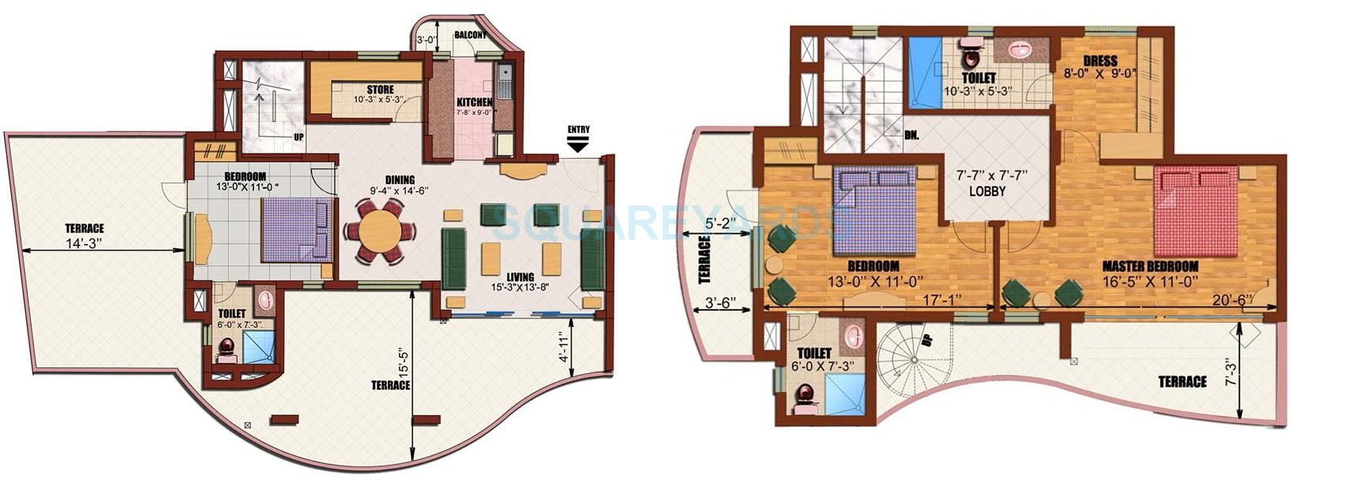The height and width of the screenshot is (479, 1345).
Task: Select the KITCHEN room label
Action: click(x=474, y=102)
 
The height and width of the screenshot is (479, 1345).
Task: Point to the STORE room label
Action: click(x=380, y=89)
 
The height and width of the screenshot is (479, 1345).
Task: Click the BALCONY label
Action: click(x=470, y=36)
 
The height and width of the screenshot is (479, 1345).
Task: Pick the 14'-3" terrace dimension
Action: click(x=85, y=244)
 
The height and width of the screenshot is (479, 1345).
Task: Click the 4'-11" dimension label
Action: click(x=563, y=345)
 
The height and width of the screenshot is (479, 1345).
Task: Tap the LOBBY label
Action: click(x=986, y=191)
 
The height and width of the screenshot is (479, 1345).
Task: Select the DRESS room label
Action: click(x=1099, y=61)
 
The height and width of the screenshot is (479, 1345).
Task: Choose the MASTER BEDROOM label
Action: click(x=1150, y=266)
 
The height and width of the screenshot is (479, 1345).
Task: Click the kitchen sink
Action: click(x=504, y=77)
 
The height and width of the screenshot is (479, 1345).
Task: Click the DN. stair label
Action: click(x=912, y=134)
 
